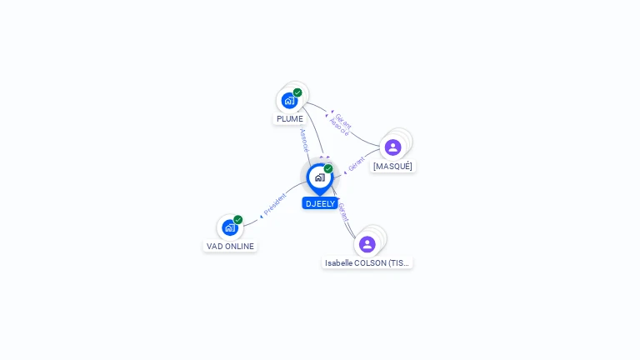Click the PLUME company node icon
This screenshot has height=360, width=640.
(289, 100)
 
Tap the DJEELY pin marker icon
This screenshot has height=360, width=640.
(319, 177)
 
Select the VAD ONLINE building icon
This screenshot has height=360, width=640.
(229, 227)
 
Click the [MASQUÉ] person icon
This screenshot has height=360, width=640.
(392, 147)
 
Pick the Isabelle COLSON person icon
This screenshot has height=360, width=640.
(367, 244)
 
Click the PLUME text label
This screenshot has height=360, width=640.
(290, 118)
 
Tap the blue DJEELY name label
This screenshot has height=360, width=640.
(320, 203)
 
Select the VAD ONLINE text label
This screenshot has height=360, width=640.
(230, 246)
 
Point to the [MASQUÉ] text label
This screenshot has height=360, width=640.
(392, 166)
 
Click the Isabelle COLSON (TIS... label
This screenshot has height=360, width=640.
(367, 262)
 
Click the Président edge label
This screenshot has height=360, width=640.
(275, 203)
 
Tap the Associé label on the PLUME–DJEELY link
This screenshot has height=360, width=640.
(304, 139)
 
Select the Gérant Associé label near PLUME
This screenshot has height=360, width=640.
(342, 125)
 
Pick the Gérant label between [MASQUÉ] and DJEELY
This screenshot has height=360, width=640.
(357, 163)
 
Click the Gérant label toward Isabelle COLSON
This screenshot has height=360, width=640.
(342, 212)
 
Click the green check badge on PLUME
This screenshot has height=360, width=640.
(297, 92)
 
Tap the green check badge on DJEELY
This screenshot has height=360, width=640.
(328, 168)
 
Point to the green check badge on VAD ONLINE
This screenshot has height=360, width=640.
(237, 220)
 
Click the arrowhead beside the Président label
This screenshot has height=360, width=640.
(262, 214)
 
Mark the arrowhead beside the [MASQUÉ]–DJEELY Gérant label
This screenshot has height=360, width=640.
(344, 173)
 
